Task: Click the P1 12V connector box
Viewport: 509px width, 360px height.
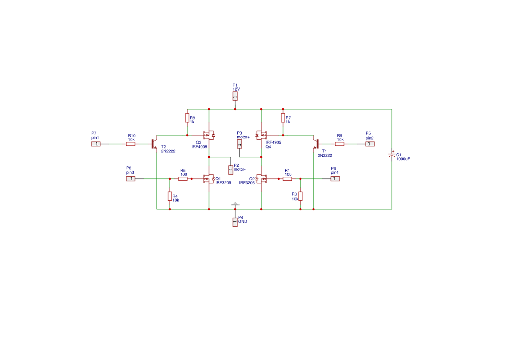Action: point(235,96)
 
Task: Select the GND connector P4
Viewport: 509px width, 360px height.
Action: point(235,222)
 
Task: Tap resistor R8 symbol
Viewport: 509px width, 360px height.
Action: point(187,118)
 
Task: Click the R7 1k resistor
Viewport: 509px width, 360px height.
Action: point(283,118)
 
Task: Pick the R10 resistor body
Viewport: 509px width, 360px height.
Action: point(131,144)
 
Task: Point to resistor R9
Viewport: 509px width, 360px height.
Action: point(340,144)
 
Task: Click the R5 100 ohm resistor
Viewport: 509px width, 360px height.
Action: point(183,178)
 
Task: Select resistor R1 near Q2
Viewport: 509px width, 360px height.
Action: point(287,178)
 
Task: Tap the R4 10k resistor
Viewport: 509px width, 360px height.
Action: point(170,196)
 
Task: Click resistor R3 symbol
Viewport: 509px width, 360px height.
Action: point(300,196)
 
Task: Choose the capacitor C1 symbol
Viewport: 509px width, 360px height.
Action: point(392,155)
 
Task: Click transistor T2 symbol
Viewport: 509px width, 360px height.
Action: point(154,144)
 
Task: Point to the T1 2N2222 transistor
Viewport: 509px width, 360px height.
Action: point(316,144)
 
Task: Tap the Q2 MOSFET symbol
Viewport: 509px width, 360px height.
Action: point(261,178)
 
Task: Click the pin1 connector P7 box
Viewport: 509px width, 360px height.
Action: point(96,144)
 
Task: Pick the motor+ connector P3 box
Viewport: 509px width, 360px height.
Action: point(239,144)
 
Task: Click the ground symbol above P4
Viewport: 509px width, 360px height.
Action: point(235,204)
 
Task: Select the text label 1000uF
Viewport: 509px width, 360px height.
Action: point(403,159)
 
